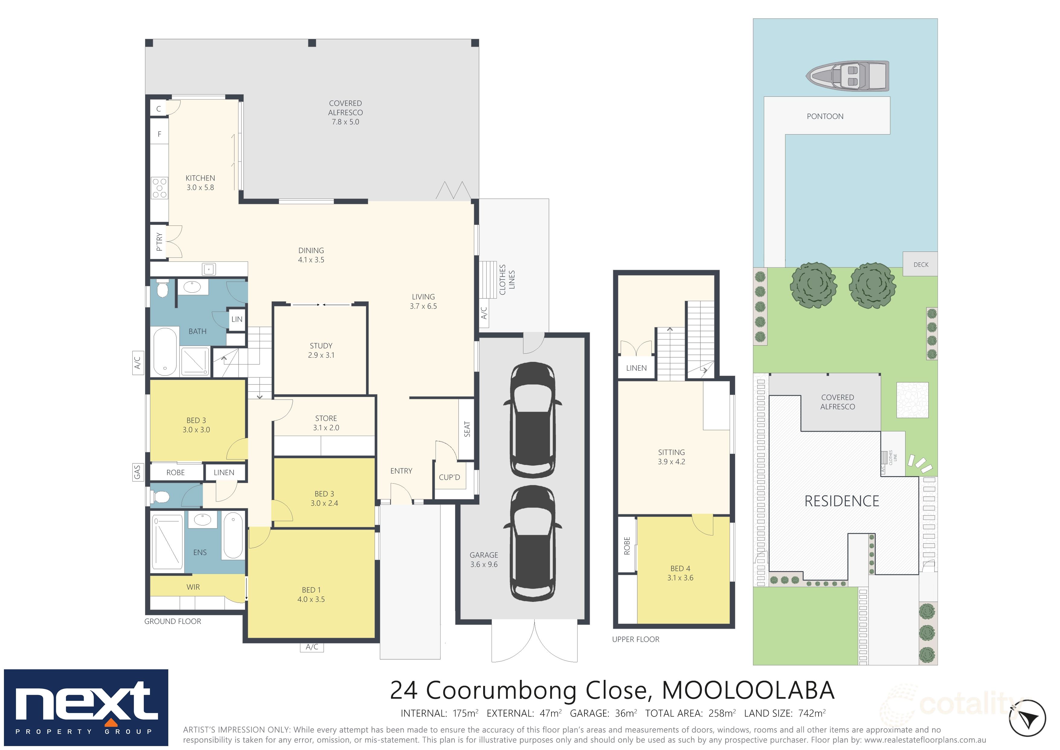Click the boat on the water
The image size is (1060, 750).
(848, 76)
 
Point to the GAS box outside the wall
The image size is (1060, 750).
(137, 472)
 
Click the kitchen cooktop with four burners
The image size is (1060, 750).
(160, 188)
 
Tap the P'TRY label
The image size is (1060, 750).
(159, 242)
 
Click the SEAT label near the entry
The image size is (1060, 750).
(467, 429)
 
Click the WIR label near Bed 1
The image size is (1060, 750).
(193, 587)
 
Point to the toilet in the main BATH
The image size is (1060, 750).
(162, 290)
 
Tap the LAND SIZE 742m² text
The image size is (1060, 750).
(784, 713)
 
